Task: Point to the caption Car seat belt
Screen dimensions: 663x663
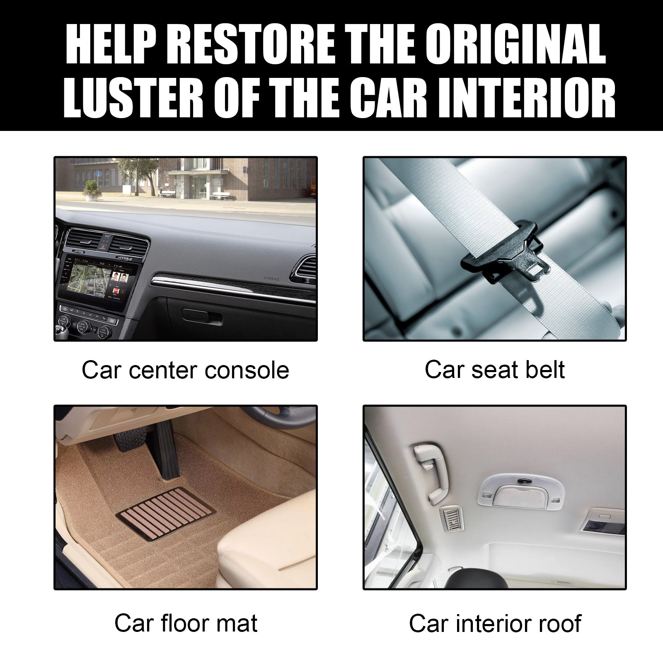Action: [494, 370]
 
